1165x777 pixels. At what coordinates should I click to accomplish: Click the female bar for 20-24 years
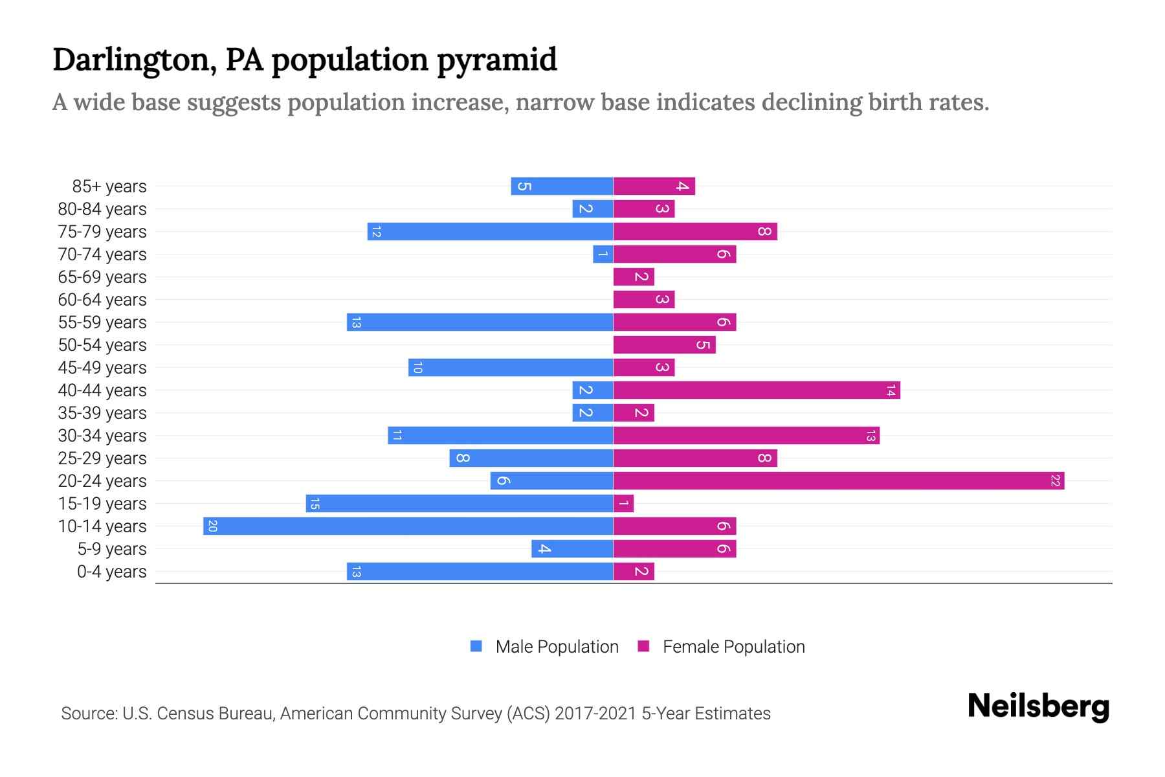coord(838,480)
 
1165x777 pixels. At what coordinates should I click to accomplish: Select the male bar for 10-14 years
coord(408,526)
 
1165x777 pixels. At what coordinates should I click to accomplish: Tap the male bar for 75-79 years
coord(490,231)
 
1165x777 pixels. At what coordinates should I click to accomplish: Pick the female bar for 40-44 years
coord(756,390)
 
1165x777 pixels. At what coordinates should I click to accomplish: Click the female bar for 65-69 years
coord(634,276)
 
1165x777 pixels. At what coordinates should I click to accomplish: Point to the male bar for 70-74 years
coord(603,254)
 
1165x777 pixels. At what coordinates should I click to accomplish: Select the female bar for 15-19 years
coord(623,503)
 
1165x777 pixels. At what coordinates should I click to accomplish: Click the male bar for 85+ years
coord(561,186)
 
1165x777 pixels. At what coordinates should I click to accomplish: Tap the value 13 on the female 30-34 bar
coord(871,435)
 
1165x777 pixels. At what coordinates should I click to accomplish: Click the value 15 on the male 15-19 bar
coord(315,503)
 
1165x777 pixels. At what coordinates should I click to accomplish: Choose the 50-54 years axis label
coord(102,344)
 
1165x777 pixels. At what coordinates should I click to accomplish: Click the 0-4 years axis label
coord(111,571)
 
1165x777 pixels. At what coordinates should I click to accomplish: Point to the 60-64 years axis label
coord(102,299)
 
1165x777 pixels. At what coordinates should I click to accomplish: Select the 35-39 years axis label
coord(102,412)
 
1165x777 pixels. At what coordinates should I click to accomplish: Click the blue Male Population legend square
coord(476,646)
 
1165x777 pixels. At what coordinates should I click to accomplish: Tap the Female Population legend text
coord(733,646)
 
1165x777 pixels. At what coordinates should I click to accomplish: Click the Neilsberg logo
coord(1038,706)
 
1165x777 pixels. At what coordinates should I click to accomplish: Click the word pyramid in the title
coord(496,60)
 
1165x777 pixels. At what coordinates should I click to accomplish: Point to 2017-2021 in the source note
coord(595,713)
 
